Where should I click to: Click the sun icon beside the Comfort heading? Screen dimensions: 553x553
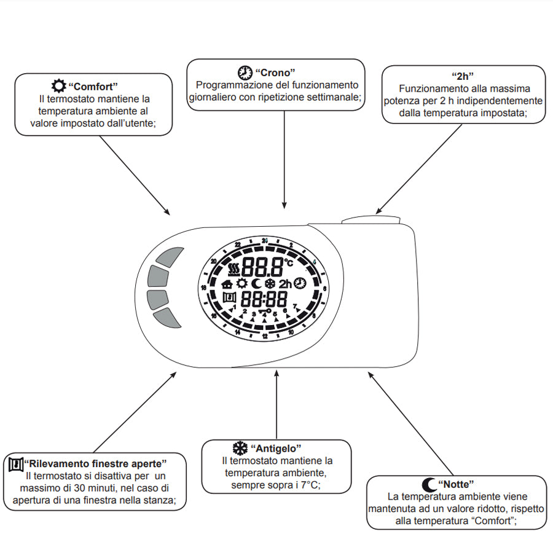(x=59, y=85)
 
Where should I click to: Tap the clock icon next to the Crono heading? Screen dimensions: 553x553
(x=245, y=73)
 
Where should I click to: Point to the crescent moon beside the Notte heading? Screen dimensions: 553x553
(x=429, y=484)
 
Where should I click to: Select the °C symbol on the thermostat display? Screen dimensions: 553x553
(x=289, y=262)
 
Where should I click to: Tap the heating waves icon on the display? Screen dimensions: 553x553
(x=233, y=268)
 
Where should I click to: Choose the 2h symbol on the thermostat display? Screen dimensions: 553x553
(x=285, y=284)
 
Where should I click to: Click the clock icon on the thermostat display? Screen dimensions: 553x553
(x=300, y=283)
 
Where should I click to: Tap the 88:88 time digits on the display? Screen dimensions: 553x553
(x=264, y=300)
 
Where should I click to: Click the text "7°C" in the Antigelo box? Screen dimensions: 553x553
(x=308, y=485)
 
